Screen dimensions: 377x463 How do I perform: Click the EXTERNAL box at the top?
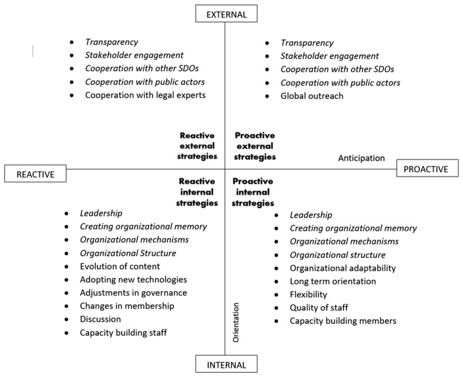click(x=225, y=13)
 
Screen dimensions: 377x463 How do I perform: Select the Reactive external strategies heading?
click(x=198, y=146)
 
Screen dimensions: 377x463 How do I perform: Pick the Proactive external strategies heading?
click(x=254, y=146)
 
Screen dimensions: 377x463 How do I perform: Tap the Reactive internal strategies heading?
click(x=197, y=191)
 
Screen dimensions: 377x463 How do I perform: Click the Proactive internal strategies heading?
click(x=254, y=192)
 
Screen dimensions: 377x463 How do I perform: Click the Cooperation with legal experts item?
click(x=146, y=96)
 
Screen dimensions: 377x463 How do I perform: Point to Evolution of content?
click(x=120, y=267)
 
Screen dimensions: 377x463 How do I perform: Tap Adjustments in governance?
click(x=133, y=293)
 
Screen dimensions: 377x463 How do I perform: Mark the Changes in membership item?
click(x=127, y=306)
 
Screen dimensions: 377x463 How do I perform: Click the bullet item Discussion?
click(x=101, y=320)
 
